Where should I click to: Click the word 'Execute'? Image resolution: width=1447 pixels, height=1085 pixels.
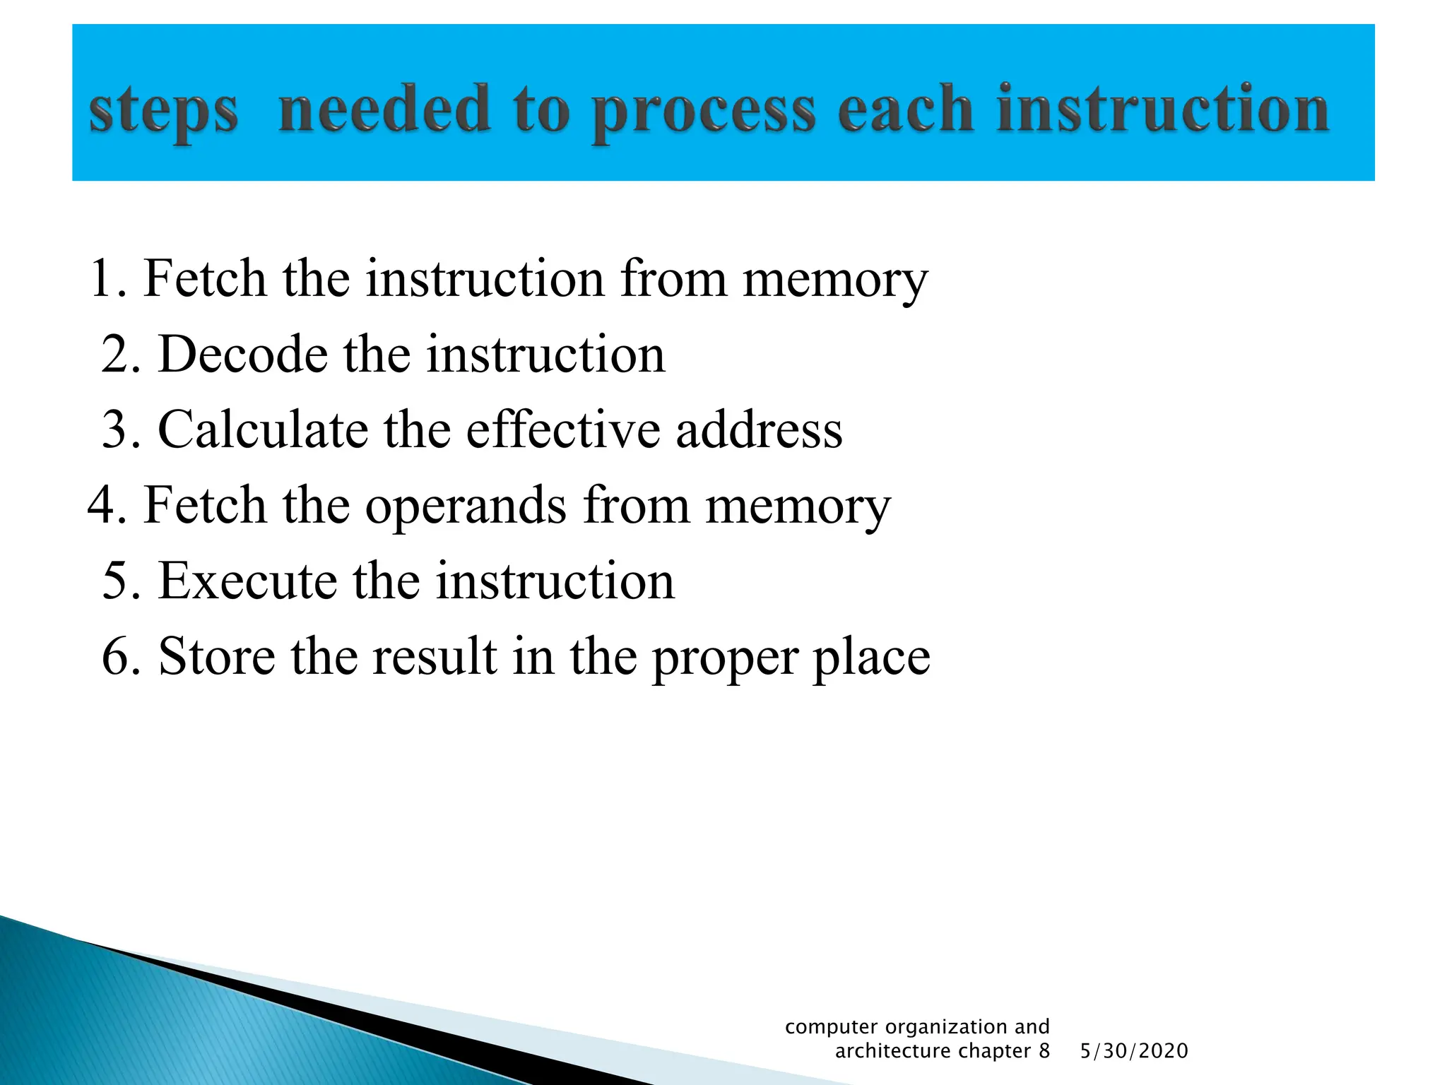(x=247, y=581)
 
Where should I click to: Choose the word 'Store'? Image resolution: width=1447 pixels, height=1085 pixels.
(x=217, y=656)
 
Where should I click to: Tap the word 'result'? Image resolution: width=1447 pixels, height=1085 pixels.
(x=435, y=656)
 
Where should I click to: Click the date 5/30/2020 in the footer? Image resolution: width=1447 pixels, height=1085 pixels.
(x=1134, y=1051)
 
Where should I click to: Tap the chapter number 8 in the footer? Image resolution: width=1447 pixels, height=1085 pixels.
(x=1044, y=1051)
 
